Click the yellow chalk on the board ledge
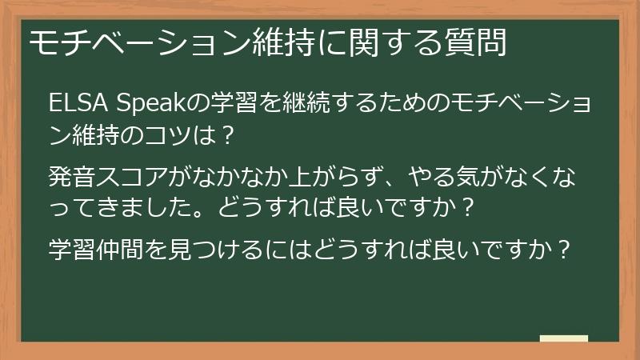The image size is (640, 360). point(563,339)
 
